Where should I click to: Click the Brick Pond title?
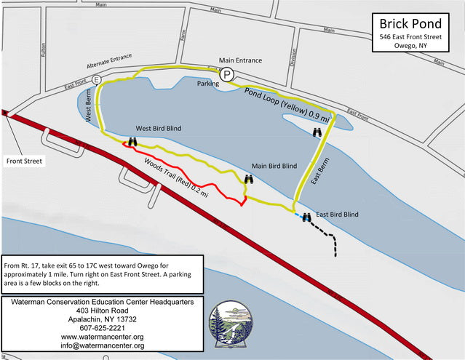[410, 22]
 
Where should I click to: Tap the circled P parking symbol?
[227, 73]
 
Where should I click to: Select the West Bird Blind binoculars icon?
[132, 142]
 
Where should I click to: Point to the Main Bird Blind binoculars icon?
[249, 179]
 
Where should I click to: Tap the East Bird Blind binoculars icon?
[307, 216]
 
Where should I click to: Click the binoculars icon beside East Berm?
[317, 132]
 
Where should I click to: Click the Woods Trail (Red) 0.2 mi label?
[177, 177]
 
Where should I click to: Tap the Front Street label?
[23, 161]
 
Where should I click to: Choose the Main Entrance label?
[241, 60]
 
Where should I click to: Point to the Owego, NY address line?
[410, 46]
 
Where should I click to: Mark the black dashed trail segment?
[326, 237]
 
